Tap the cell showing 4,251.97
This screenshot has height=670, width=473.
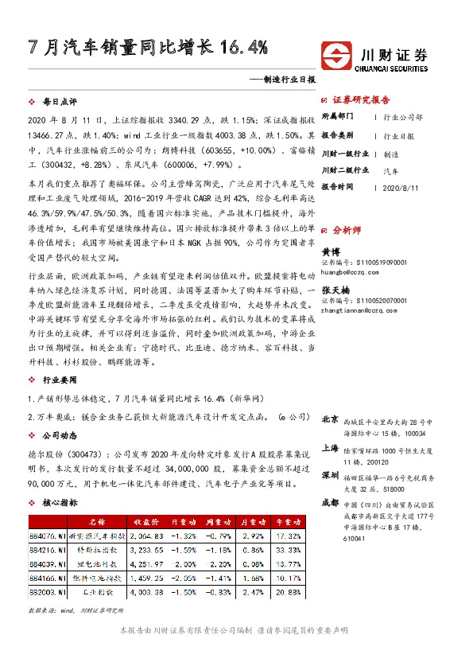coord(147,563)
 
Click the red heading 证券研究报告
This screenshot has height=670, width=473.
coord(361,100)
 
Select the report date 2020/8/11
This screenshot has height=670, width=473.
coord(399,187)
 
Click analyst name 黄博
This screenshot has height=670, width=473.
coord(330,251)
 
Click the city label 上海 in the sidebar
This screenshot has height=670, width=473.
coord(330,448)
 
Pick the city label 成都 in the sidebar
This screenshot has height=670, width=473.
coord(330,504)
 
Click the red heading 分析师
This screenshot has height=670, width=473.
coord(348,229)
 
